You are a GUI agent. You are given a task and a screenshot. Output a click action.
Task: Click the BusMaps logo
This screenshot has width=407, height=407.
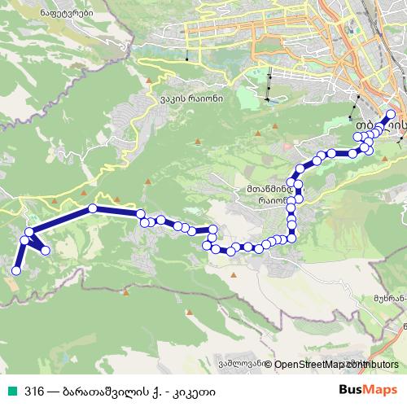click(x=368, y=389)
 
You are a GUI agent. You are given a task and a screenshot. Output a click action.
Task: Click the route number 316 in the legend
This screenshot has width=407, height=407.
click(x=34, y=389)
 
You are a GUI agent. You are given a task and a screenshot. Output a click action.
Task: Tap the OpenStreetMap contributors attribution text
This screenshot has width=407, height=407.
click(x=331, y=365)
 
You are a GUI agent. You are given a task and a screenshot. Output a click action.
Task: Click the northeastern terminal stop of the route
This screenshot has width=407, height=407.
click(x=391, y=115)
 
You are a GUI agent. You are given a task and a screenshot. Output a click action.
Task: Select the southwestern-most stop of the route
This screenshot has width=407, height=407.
click(x=15, y=270)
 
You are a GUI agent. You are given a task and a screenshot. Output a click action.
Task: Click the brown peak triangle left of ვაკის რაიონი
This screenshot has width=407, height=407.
click(x=149, y=81)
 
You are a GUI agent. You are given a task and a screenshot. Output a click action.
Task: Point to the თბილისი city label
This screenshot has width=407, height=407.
click(x=379, y=129)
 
